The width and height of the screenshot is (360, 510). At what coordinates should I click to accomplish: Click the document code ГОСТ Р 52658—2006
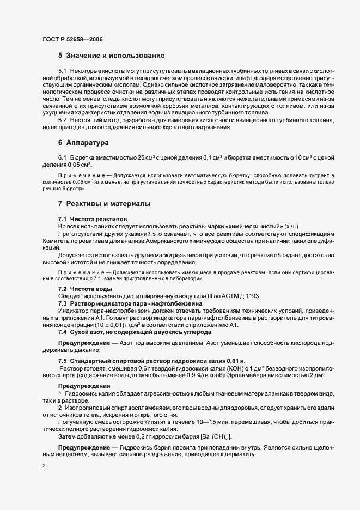(x=72, y=40)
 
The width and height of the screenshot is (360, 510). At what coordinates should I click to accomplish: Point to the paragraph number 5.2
(x=63, y=119)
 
